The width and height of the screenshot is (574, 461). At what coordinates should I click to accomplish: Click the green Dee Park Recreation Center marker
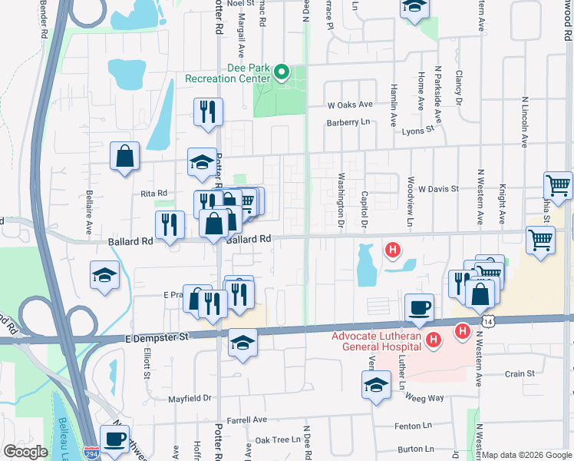tap(281, 73)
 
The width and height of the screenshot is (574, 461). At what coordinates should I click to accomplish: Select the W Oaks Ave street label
tap(349, 104)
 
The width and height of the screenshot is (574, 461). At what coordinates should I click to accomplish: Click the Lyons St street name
tap(418, 131)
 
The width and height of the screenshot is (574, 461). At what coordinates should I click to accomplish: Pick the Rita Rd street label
tap(153, 194)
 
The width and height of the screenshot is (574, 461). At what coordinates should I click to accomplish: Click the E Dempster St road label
tap(156, 337)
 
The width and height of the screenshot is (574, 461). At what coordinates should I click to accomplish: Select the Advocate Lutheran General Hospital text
tap(376, 342)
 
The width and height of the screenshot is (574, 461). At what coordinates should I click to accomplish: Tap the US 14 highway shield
tap(487, 317)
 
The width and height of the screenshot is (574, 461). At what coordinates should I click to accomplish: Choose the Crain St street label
tap(520, 374)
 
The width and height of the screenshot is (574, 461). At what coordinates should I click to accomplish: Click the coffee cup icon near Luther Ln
tap(418, 307)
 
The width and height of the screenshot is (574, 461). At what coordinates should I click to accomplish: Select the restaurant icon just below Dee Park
tap(208, 112)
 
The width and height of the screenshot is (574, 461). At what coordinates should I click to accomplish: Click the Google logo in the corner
tap(25, 452)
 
